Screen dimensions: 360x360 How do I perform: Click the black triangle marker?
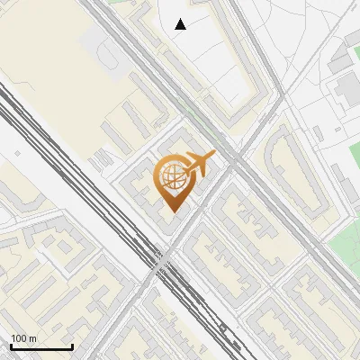tap(181, 24)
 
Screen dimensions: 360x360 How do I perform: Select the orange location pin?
tap(173, 184)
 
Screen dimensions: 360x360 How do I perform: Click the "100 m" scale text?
tap(24, 337)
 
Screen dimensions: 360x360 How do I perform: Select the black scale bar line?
tap(40, 346)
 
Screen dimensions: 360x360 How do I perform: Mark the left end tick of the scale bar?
tap(10, 345)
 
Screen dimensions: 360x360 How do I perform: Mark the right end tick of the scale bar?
tap(72, 345)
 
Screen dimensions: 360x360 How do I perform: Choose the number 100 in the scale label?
tap(19, 337)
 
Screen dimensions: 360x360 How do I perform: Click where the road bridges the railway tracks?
tap(161, 262)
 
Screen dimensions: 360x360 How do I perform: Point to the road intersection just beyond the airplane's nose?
tap(233, 162)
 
